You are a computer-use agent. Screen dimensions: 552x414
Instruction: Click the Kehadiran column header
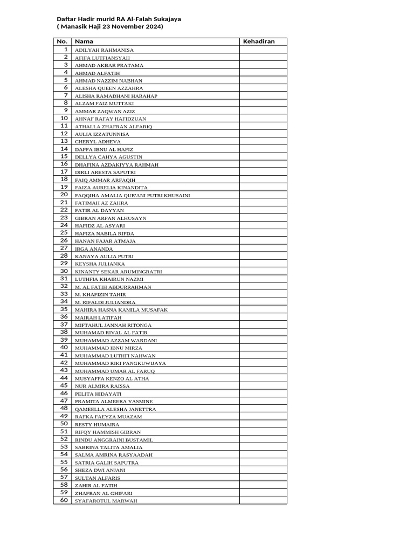click(259, 42)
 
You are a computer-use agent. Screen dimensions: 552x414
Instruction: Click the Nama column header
click(84, 42)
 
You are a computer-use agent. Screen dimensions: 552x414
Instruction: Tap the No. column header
click(62, 42)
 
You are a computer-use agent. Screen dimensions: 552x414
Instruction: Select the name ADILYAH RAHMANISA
click(104, 50)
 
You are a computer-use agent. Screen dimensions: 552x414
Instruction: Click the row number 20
click(64, 195)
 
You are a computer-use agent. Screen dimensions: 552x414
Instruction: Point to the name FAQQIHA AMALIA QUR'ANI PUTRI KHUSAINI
click(132, 195)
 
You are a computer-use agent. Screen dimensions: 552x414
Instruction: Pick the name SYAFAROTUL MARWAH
click(106, 501)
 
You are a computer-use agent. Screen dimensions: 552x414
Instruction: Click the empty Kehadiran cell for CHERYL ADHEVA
click(263, 141)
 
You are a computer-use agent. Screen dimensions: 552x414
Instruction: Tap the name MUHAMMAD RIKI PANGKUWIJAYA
click(120, 363)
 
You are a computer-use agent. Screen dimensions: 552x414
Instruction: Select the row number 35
click(64, 309)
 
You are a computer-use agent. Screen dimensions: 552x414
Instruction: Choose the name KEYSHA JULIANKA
click(100, 264)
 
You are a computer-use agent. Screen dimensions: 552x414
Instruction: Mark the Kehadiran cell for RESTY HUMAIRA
click(263, 424)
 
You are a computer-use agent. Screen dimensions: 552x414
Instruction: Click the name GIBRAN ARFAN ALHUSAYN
click(111, 218)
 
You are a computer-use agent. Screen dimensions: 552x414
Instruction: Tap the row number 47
click(64, 401)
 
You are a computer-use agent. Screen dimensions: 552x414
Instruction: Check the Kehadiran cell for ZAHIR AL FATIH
click(263, 485)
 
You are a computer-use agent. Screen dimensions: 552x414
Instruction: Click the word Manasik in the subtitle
click(74, 26)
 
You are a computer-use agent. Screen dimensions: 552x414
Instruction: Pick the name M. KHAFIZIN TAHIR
click(101, 295)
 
